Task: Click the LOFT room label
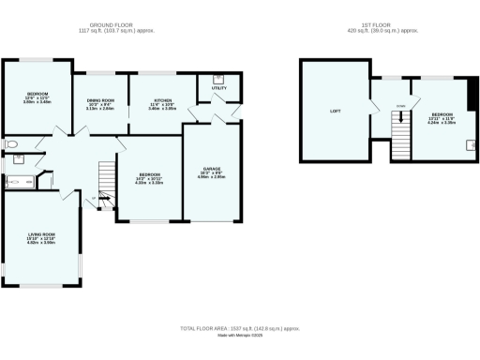coord(335,112)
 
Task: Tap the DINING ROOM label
coord(99,100)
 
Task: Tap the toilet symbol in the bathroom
coord(12,145)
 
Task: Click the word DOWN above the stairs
coord(400,105)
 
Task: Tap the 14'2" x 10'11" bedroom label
coord(150,178)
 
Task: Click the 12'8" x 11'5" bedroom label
coord(38,97)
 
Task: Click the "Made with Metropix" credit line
coord(239,336)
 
